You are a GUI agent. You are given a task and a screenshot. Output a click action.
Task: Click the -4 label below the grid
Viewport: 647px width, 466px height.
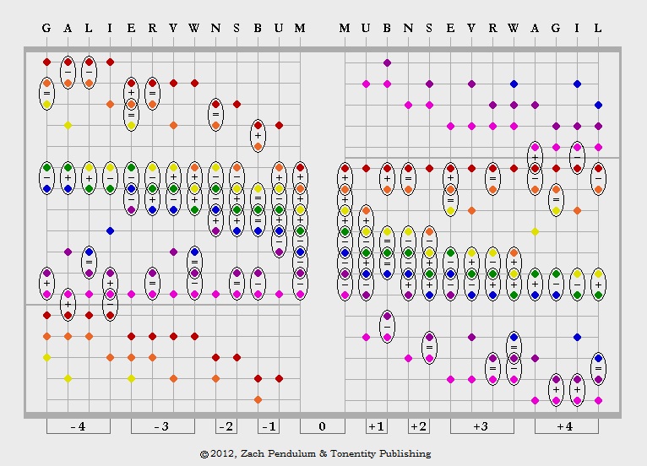(x=78, y=426)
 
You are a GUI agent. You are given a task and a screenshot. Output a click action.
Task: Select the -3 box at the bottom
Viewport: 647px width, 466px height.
(x=162, y=426)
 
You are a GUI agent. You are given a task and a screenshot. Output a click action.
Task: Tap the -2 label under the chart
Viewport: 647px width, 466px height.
(x=226, y=426)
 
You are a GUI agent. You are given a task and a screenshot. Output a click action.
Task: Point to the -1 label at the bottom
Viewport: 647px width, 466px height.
(x=268, y=426)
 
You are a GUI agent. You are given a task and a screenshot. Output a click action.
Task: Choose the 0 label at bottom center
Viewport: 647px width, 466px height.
(x=322, y=426)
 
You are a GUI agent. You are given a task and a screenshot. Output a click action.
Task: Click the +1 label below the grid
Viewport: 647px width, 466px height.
(x=376, y=426)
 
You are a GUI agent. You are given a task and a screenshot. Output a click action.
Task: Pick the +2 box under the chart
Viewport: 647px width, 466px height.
(x=418, y=426)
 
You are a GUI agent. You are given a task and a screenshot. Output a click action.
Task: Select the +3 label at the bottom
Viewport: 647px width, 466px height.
(x=481, y=426)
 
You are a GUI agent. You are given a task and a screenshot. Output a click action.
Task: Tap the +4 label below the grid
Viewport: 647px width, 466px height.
(x=565, y=426)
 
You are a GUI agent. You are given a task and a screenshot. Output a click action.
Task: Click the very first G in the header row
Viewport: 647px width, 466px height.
(x=46, y=28)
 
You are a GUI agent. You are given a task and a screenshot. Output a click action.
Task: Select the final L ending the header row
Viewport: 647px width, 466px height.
(x=598, y=28)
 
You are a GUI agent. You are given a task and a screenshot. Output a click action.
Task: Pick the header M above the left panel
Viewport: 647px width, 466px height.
(x=300, y=28)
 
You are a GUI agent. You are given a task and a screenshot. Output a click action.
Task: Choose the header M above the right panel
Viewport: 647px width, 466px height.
(x=345, y=28)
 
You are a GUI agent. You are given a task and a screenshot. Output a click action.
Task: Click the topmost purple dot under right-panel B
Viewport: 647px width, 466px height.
(x=387, y=62)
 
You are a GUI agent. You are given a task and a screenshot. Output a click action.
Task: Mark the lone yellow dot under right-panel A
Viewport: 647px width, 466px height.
(x=535, y=231)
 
